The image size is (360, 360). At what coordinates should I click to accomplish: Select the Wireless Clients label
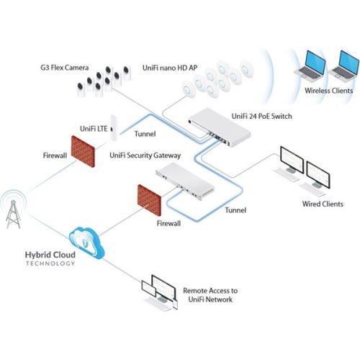[328, 91]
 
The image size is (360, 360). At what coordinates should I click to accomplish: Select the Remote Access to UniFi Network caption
[210, 294]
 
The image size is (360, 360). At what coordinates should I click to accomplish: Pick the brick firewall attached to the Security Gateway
[150, 199]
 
